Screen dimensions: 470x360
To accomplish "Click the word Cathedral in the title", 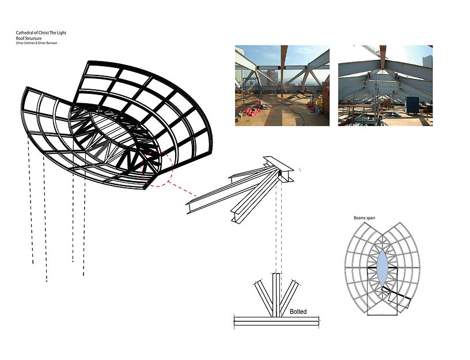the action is pyautogui.click(x=24, y=33).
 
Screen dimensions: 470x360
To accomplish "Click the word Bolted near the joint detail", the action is pyautogui.click(x=298, y=312).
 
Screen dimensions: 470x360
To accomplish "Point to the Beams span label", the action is pyautogui.click(x=364, y=218).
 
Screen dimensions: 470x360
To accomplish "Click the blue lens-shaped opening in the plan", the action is pyautogui.click(x=383, y=267).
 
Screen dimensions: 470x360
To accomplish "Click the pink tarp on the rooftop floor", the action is pyautogui.click(x=253, y=112).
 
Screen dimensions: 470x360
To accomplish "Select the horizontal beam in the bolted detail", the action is pyautogui.click(x=276, y=321).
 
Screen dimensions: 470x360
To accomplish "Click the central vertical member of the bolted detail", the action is pyautogui.click(x=276, y=295).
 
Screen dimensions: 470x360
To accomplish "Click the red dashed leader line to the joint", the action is pyautogui.click(x=183, y=189).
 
